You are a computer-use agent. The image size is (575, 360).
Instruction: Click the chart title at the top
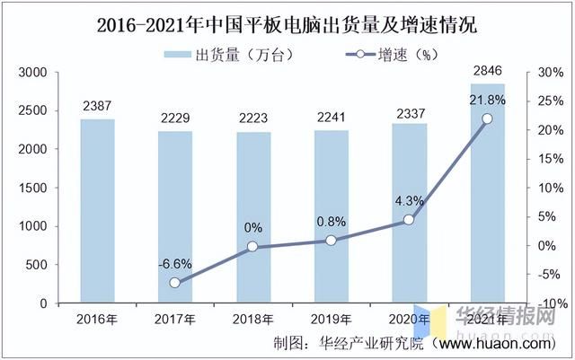pos(287,24)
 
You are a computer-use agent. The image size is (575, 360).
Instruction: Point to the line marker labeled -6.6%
pos(174,283)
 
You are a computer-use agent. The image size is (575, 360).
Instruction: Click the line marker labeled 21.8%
pos(487,119)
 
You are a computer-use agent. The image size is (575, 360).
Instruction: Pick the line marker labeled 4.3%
pos(409,220)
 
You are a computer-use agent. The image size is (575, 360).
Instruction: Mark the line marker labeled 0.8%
pos(331,241)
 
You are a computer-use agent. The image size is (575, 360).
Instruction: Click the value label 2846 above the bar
pos(487,70)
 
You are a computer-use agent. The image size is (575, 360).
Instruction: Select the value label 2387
pos(97,106)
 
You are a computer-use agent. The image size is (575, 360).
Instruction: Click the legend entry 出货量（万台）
pos(229,55)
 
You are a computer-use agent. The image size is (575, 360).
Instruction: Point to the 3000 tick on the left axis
pos(32,72)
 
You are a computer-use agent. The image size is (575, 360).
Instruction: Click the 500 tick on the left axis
pos(36,266)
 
